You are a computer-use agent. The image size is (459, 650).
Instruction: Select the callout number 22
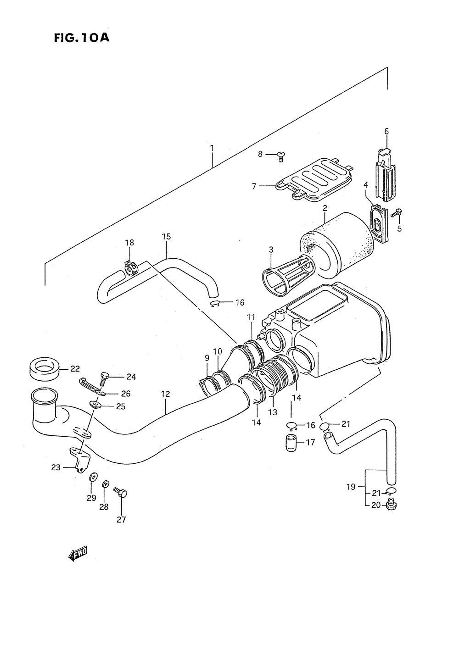pos(75,368)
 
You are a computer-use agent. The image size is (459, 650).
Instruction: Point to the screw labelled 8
pos(281,156)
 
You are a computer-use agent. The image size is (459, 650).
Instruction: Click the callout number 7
pos(254,186)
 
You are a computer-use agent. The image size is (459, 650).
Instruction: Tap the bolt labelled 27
pos(122,494)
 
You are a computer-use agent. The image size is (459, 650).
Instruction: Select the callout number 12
pos(165,394)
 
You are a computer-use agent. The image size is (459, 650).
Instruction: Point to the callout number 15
pos(166,237)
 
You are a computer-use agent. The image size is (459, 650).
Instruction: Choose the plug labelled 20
pos(391,506)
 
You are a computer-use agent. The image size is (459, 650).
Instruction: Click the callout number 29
pos(91,498)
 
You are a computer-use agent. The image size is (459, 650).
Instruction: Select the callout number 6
pos(386,131)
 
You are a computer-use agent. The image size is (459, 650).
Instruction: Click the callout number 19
pos(351,487)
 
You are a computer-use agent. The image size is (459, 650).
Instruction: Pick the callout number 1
pos(212,148)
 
